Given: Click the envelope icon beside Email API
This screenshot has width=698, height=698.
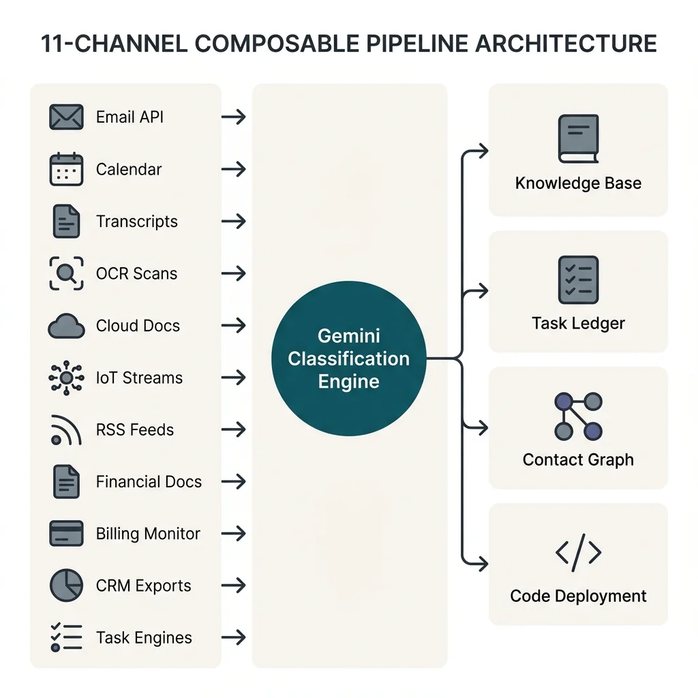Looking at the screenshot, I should (x=66, y=117).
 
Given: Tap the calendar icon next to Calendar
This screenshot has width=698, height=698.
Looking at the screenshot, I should (x=66, y=170).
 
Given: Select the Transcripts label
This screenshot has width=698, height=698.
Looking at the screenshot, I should (x=136, y=222).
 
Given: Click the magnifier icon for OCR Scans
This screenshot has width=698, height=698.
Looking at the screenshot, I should (x=66, y=274).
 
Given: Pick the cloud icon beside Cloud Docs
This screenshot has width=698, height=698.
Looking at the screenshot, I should (x=66, y=327).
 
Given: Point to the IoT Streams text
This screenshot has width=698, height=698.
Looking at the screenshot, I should (x=139, y=378).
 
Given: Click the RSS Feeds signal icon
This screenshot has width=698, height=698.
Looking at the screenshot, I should (x=65, y=430).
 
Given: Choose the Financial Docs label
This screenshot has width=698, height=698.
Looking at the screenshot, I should (x=149, y=482).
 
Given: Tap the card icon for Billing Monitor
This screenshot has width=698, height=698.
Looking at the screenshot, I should (x=66, y=533).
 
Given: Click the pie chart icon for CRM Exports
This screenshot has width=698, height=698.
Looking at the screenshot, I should (x=66, y=586).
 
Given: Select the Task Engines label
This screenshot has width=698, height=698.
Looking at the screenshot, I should (x=144, y=638).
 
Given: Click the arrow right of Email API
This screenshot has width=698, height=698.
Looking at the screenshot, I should (x=234, y=117).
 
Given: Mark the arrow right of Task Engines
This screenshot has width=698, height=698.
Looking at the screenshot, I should (x=234, y=638).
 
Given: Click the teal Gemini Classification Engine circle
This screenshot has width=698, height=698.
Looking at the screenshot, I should (x=348, y=359).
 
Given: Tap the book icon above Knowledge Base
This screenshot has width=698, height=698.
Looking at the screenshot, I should (x=578, y=139).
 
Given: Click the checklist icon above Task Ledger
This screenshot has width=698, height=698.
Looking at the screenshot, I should (x=578, y=279).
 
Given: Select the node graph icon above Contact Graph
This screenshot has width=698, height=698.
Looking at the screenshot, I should (x=578, y=416).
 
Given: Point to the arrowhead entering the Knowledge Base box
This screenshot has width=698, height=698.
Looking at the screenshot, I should (x=483, y=151).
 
